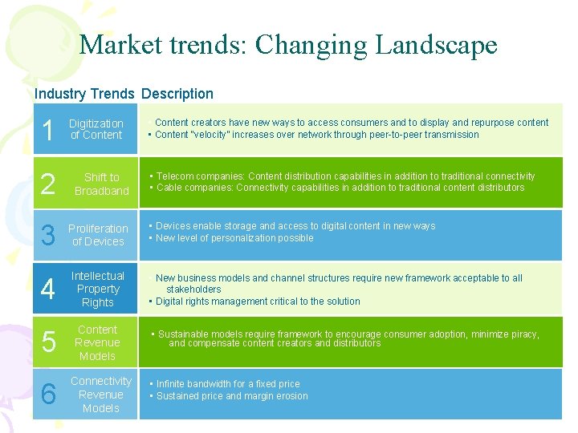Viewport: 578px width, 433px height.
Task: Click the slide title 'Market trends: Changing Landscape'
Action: click(x=288, y=45)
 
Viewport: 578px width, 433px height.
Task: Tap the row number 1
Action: click(x=48, y=131)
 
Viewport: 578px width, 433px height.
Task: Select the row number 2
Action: click(x=48, y=184)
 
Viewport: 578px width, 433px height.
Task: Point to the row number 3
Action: click(x=48, y=236)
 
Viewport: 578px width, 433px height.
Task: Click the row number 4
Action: click(x=48, y=289)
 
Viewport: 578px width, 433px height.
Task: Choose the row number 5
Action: click(x=48, y=343)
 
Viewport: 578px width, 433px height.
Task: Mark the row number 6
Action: click(x=48, y=395)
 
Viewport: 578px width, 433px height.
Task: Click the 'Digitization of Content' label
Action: click(x=96, y=129)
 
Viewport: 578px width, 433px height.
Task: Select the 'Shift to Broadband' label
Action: click(x=102, y=184)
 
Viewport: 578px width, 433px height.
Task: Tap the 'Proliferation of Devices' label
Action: click(x=98, y=235)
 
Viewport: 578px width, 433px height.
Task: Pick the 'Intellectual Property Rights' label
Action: click(x=98, y=289)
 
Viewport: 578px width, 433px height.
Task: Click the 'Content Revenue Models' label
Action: click(x=98, y=342)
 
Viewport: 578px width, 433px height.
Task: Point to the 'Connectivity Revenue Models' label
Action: click(x=101, y=395)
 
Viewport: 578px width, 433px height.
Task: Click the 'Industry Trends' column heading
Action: click(x=85, y=94)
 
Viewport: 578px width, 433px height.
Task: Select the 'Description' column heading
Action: click(x=177, y=94)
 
